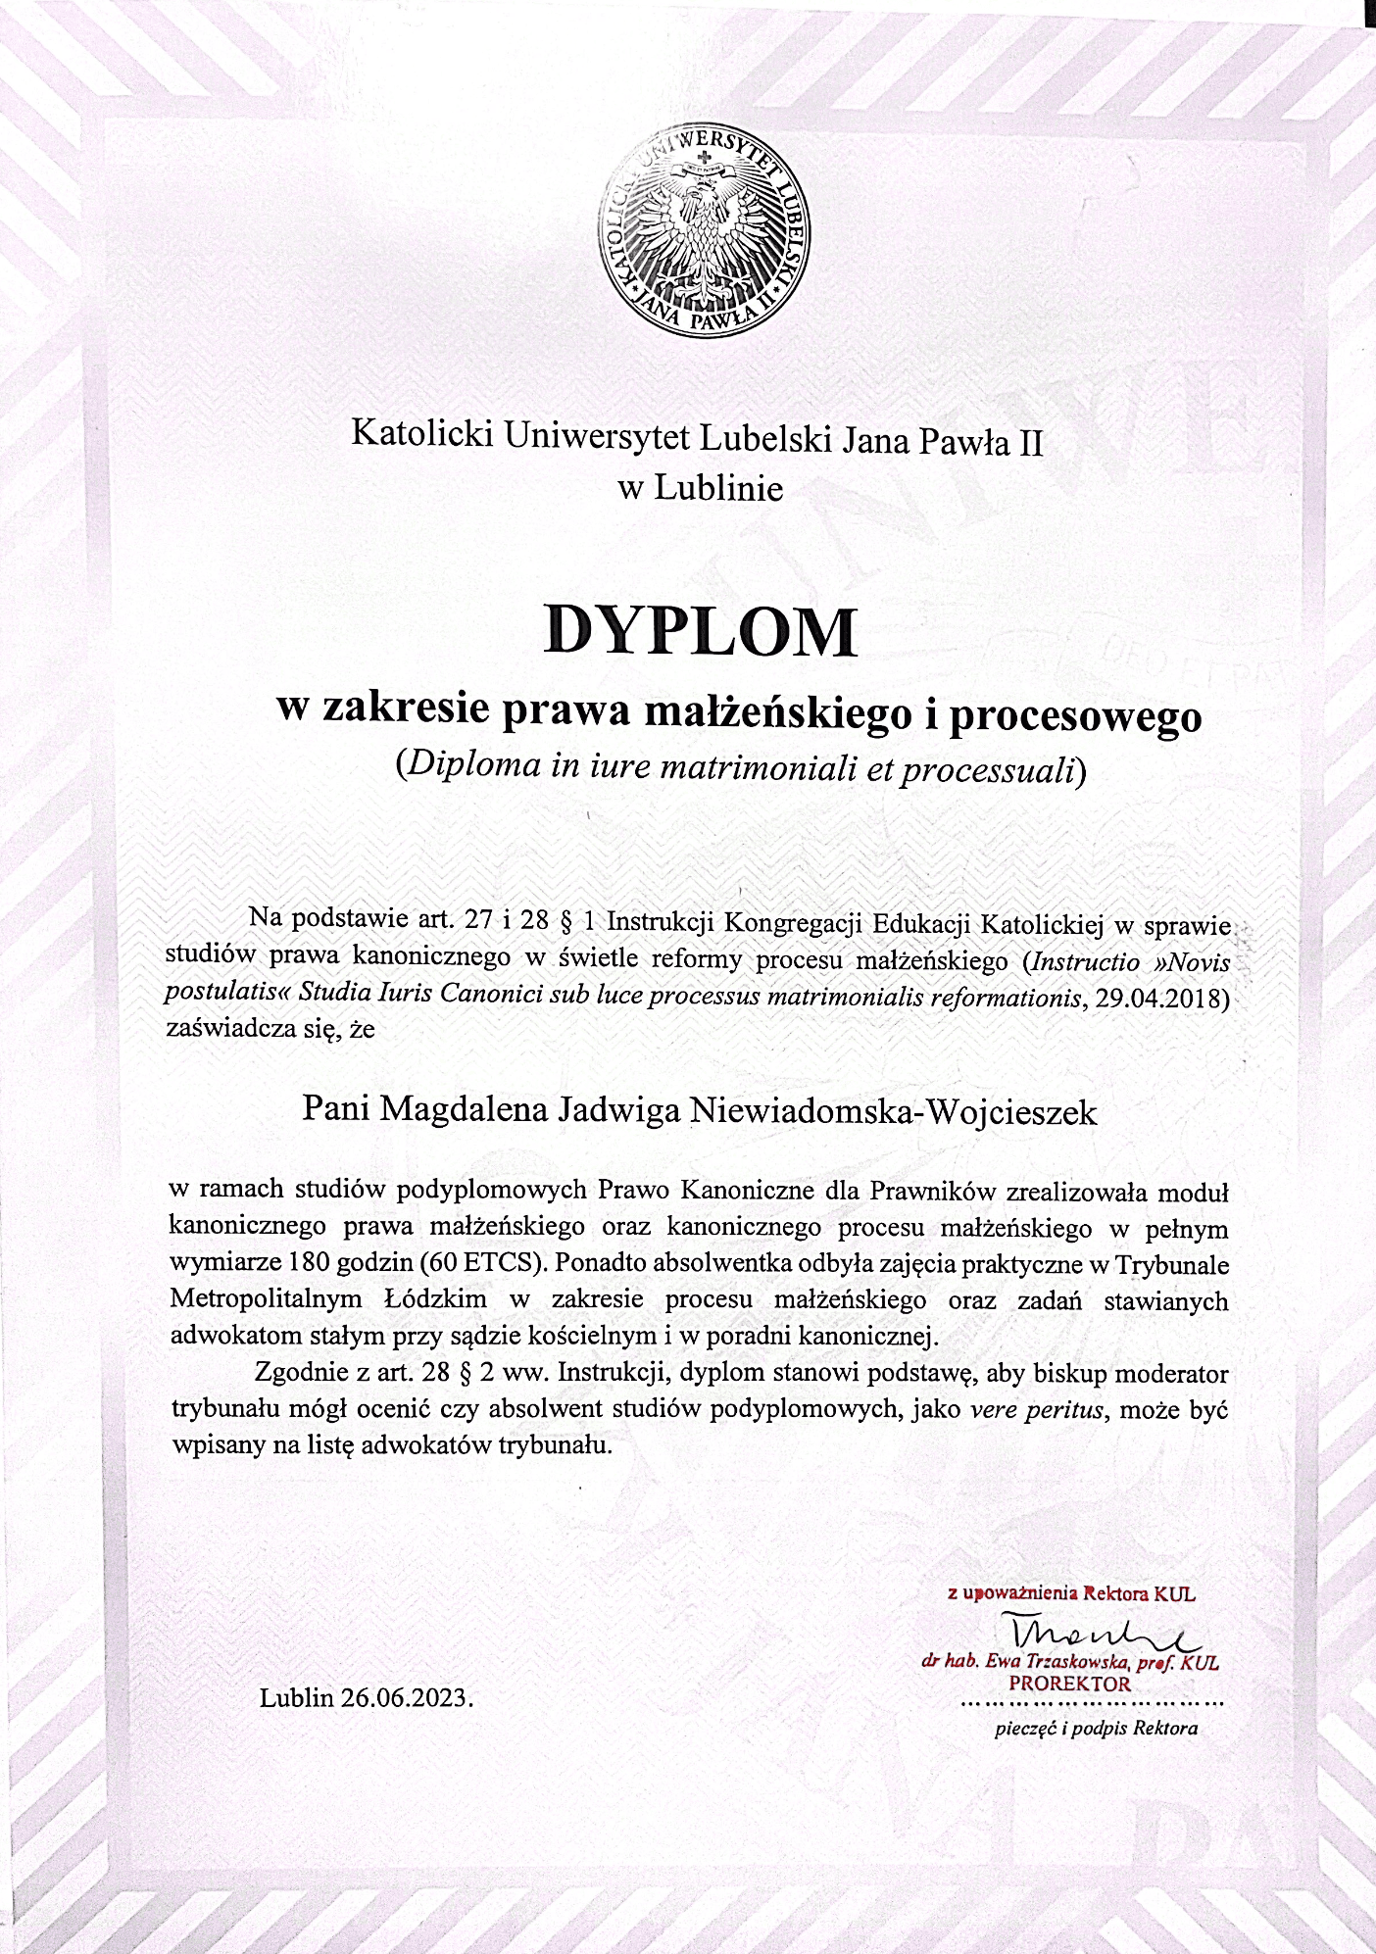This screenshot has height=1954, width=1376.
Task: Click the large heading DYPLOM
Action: coord(701,630)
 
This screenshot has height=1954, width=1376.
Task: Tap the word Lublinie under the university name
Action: coord(718,488)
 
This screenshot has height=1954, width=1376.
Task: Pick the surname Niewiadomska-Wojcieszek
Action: coord(895,1110)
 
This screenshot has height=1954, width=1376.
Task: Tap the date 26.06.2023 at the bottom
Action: coord(408,1697)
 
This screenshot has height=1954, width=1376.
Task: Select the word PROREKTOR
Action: coord(1070,1684)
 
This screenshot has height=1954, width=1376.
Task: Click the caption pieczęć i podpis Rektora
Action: coord(1096,1729)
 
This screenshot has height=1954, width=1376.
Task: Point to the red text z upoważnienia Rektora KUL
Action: coord(1071,1593)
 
